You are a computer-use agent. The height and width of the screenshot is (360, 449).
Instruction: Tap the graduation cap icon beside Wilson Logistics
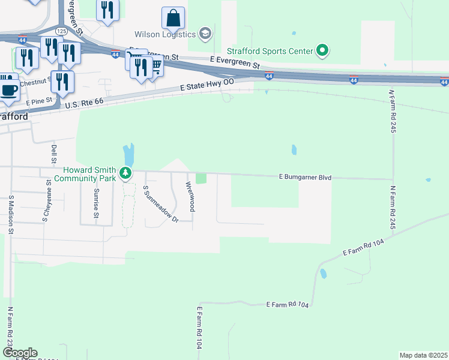point(205,33)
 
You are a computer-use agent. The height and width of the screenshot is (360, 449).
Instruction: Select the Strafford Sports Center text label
point(270,51)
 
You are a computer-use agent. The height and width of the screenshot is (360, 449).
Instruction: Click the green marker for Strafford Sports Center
point(322,50)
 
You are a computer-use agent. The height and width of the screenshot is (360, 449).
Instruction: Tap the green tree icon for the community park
point(125,174)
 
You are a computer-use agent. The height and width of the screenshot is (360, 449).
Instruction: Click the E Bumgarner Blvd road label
point(306,178)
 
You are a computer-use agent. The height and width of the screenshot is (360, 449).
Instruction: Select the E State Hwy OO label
point(207,85)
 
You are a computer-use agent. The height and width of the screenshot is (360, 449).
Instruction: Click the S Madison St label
point(11,211)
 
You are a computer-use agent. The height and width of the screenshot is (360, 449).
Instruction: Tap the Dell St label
point(53,150)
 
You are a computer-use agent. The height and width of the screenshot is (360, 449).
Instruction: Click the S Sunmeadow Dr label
point(160,204)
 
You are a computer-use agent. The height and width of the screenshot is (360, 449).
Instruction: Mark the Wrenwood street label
point(190,196)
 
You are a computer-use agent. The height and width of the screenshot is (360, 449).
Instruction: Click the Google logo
point(19,353)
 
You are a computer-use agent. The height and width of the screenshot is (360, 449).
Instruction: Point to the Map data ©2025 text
point(423,355)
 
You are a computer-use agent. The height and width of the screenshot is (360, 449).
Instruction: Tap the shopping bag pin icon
point(173,19)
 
